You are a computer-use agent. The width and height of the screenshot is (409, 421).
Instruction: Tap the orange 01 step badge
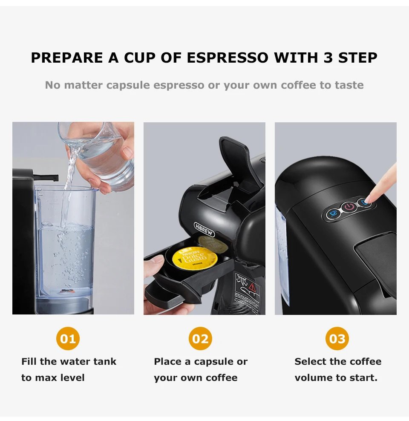tap(68, 339)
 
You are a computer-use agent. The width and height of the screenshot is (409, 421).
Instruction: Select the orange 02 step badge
tap(200, 339)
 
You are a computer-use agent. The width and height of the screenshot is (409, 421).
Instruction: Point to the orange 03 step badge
tap(337, 339)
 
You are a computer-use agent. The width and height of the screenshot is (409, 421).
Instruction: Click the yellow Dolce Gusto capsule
tap(194, 258)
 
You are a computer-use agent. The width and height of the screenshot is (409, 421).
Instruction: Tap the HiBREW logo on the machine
tap(204, 229)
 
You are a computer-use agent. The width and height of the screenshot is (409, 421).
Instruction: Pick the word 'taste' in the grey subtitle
tap(349, 85)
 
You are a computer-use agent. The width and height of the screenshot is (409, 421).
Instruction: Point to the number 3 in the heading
tap(328, 58)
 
